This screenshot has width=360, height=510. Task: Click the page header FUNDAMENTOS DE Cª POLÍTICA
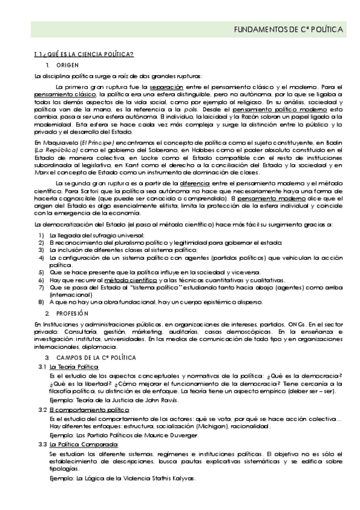[288, 28]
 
